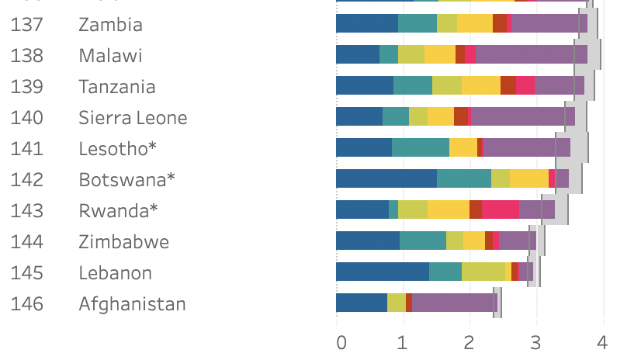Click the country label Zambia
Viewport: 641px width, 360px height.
(x=110, y=24)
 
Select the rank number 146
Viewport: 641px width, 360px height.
(x=26, y=303)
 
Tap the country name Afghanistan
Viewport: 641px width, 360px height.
(x=132, y=303)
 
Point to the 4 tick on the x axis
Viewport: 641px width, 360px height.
(x=601, y=341)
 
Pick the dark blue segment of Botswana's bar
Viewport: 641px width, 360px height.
(x=386, y=178)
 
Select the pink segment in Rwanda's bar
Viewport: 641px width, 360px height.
(x=500, y=209)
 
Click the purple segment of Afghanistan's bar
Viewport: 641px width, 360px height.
(x=454, y=303)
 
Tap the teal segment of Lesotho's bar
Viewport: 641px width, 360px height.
(x=420, y=147)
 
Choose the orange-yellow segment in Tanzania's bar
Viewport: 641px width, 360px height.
(x=480, y=85)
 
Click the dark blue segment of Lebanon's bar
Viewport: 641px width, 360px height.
(x=382, y=272)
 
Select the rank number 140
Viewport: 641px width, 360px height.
(x=26, y=117)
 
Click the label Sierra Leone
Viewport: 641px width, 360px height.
(x=133, y=118)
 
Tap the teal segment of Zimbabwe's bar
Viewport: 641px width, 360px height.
(x=422, y=241)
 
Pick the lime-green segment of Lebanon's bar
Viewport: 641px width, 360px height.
(x=483, y=272)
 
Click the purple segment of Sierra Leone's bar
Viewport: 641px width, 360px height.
(x=522, y=116)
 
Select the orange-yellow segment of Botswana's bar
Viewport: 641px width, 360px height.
(x=528, y=178)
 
